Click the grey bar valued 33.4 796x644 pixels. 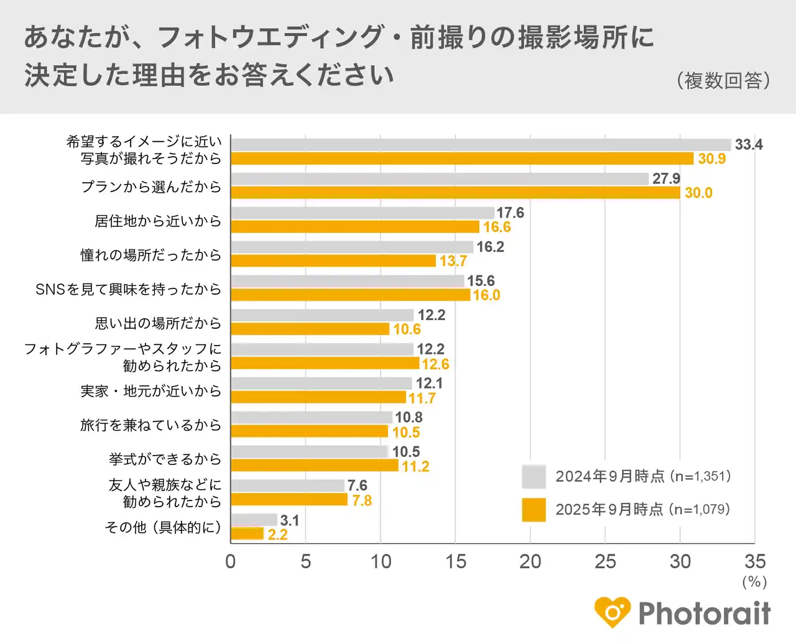point(481,145)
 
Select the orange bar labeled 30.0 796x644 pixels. point(455,193)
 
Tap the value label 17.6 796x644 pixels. point(510,213)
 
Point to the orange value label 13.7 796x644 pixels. point(453,261)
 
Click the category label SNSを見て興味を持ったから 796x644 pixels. point(128,289)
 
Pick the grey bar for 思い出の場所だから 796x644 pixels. point(322,315)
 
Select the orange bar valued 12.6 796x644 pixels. point(325,364)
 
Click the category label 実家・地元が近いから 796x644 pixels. point(150,391)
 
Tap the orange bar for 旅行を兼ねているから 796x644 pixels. point(309,431)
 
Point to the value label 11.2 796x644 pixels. point(415,466)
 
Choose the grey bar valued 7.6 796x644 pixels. point(287,485)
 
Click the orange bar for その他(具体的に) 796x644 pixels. point(248,534)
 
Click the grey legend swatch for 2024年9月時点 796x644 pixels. point(534,477)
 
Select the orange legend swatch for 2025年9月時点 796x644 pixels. point(534,510)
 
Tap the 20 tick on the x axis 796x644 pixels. point(530,561)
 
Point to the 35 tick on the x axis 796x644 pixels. point(755,561)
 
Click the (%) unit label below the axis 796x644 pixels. point(754,582)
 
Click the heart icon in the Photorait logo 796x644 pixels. point(613,612)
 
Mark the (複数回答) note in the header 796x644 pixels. point(723,80)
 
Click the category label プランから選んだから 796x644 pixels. point(150,186)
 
